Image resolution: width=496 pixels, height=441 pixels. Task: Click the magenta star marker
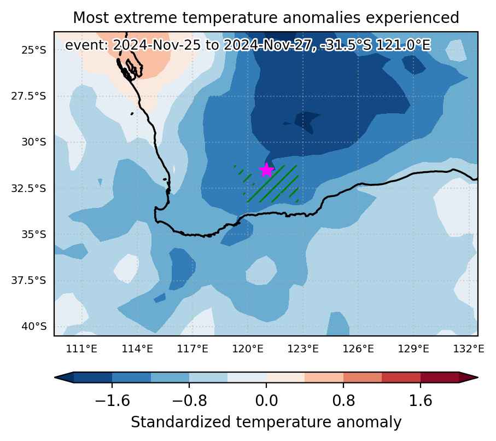pos(266,170)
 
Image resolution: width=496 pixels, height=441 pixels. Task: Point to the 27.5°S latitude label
pos(28,96)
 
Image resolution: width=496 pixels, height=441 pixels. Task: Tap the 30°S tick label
pos(33,142)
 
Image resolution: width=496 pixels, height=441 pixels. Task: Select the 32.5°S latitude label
pos(28,188)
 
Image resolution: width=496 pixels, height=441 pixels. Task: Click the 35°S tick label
pos(33,234)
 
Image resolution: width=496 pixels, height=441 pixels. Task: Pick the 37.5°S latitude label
pos(28,281)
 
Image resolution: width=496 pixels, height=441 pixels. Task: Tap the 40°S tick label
pos(33,327)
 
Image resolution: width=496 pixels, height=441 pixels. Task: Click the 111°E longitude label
pos(81,349)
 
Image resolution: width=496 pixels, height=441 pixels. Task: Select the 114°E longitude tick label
pos(137,349)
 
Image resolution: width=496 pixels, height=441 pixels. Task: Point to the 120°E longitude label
pos(248,349)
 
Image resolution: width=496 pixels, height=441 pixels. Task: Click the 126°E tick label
pos(358,349)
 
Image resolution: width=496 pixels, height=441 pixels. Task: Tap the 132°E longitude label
pos(469,349)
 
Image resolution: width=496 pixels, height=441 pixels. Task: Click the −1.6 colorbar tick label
pos(112,401)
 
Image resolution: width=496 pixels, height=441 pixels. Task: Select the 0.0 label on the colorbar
pos(266,401)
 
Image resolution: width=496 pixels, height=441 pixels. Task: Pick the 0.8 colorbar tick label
pos(343,401)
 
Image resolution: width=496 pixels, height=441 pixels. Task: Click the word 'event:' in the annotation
pos(87,45)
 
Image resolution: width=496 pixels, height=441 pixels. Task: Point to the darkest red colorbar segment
pos(440,378)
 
